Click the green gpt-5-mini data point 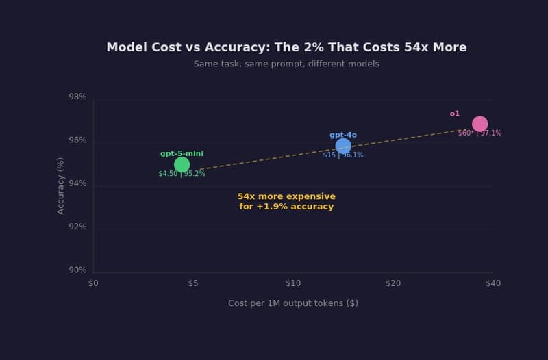click(182, 164)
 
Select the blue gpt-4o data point click(343, 146)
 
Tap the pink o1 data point click(480, 124)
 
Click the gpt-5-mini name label click(182, 154)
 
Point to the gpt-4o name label click(343, 135)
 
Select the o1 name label click(455, 114)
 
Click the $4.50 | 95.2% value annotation click(182, 174)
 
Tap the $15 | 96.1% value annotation click(343, 155)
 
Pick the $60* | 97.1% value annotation click(480, 133)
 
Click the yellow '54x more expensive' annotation click(286, 201)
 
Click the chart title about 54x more click(286, 47)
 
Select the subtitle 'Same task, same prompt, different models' click(286, 64)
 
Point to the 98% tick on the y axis click(77, 97)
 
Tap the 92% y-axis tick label click(77, 227)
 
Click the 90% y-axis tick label click(77, 270)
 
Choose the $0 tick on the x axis click(93, 283)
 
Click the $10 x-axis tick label click(293, 283)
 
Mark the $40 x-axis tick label click(493, 283)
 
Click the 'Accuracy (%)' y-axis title click(61, 185)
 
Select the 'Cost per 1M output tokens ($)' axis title click(293, 303)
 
